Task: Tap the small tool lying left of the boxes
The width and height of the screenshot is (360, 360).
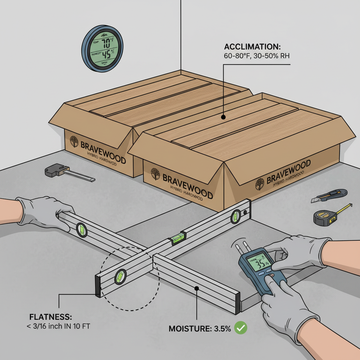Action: (x=69, y=172)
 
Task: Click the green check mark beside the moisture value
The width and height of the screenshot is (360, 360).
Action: (x=241, y=328)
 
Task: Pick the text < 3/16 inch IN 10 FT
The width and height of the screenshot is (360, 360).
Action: (x=58, y=327)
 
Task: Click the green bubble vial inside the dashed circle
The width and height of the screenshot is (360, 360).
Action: (x=120, y=276)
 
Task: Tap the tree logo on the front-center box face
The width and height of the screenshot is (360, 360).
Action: (x=155, y=174)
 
